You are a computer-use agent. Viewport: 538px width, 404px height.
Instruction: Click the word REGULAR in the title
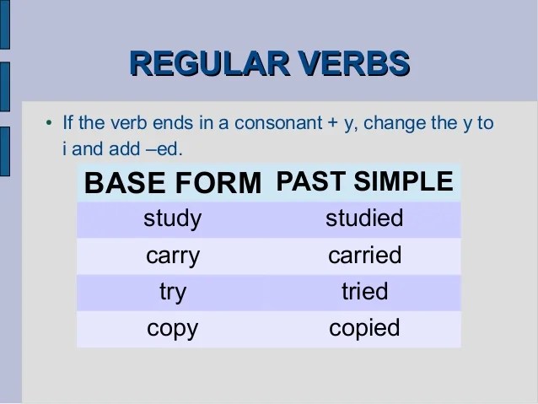click(x=210, y=63)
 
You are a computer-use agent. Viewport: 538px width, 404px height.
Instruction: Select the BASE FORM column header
click(x=173, y=183)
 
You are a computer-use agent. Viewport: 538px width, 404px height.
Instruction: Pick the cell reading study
click(x=173, y=219)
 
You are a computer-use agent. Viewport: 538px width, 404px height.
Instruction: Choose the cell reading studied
click(x=364, y=218)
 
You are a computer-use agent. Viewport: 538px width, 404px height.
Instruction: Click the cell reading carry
click(x=173, y=256)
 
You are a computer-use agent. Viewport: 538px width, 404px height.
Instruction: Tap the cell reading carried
click(x=365, y=255)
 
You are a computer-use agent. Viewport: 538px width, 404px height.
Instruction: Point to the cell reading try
click(x=173, y=293)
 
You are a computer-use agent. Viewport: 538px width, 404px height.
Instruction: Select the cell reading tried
click(x=365, y=291)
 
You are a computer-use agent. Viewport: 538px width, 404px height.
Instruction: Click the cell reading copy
click(x=173, y=329)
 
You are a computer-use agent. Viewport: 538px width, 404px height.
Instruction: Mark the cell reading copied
click(x=364, y=328)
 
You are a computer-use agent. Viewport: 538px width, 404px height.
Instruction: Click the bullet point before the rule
click(x=49, y=122)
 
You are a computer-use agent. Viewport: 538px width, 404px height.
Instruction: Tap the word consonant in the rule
click(x=278, y=123)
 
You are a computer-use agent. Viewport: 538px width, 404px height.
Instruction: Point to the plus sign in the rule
click(x=333, y=124)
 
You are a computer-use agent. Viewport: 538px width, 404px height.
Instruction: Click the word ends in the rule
click(x=173, y=123)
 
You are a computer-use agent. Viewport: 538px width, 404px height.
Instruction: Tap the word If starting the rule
click(x=68, y=122)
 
